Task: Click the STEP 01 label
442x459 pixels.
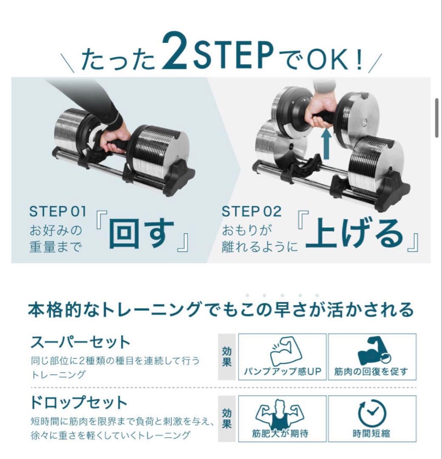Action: point(57,211)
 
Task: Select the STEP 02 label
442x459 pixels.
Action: point(252,211)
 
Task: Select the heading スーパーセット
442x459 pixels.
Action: point(80,342)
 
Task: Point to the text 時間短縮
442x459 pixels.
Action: point(371,433)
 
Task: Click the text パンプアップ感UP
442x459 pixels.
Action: point(282,371)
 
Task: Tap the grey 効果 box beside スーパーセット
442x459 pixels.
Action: point(227,357)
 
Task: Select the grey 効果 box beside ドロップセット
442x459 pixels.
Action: point(227,418)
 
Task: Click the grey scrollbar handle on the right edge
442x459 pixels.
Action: point(437,118)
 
